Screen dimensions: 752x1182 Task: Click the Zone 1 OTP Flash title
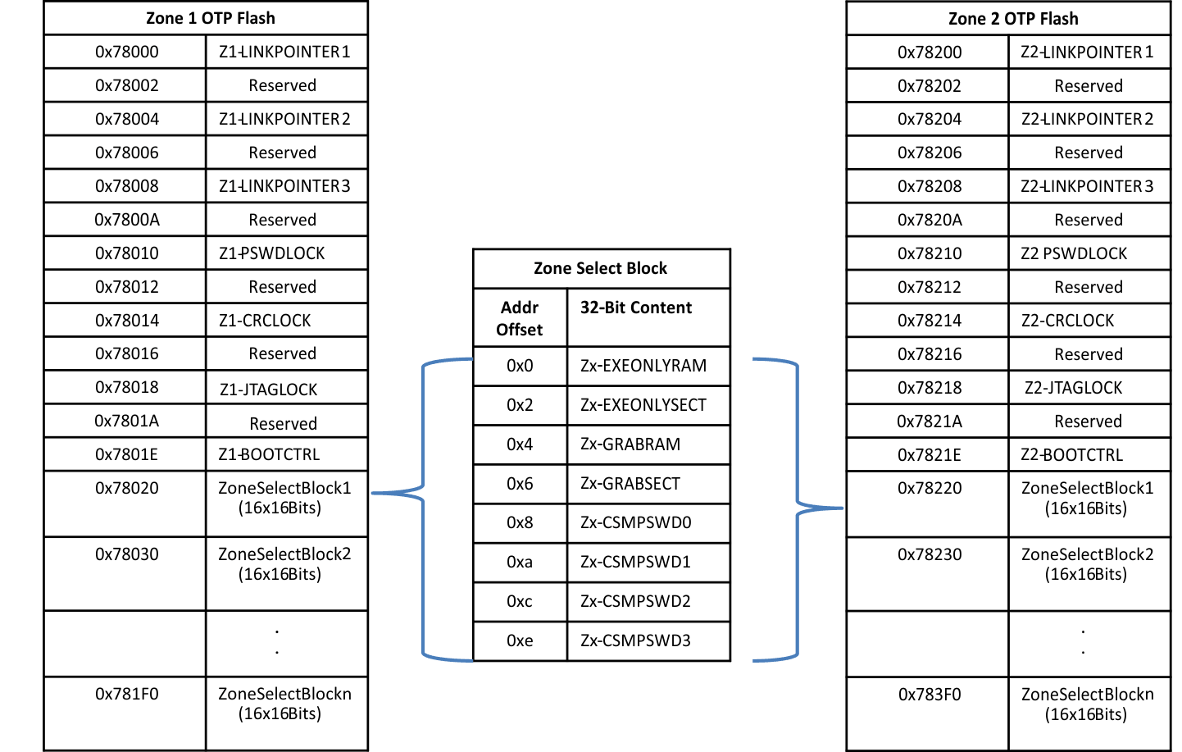point(210,18)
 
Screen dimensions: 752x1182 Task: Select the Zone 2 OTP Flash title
point(1012,19)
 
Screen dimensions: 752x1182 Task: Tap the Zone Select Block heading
point(600,268)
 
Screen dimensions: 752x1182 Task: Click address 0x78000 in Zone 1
point(126,52)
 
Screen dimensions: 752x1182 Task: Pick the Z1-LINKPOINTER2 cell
point(284,119)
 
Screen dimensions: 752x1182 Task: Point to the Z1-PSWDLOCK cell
point(271,253)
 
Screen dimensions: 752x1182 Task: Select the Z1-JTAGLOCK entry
point(268,390)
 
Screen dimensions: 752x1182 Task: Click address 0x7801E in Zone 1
point(126,454)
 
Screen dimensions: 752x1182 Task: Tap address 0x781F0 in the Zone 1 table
point(126,694)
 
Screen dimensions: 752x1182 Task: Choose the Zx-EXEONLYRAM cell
point(643,366)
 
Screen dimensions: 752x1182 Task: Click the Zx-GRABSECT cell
point(630,484)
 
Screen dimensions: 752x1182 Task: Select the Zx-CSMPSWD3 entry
point(635,640)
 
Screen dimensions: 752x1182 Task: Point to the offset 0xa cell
point(520,562)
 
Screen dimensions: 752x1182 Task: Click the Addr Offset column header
point(520,318)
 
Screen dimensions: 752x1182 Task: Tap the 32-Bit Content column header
point(636,308)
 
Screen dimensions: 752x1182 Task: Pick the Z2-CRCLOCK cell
point(1067,321)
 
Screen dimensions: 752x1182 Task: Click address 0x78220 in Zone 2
point(930,488)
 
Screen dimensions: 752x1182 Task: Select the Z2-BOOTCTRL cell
point(1071,455)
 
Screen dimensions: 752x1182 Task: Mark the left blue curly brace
point(422,508)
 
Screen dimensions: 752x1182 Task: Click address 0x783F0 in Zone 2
point(930,695)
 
